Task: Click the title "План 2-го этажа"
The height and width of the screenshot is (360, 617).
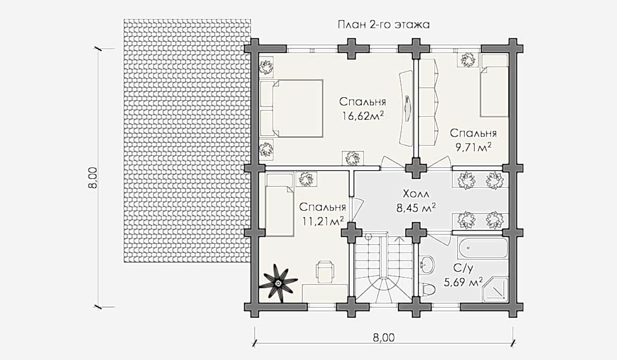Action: (x=383, y=24)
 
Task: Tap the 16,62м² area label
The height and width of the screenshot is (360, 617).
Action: (x=364, y=115)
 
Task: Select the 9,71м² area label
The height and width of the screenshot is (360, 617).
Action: (x=473, y=147)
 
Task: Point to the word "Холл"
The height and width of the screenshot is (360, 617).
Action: (x=416, y=194)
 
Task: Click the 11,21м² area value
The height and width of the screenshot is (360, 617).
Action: (x=322, y=221)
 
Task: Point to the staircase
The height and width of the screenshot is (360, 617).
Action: (x=383, y=270)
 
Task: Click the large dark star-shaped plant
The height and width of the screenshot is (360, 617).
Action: (x=279, y=282)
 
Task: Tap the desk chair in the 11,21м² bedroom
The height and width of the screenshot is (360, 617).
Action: (x=324, y=271)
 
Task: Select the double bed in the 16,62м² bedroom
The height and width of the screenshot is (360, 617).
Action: (x=292, y=108)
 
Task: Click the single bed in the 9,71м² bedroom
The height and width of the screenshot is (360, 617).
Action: (x=494, y=85)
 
